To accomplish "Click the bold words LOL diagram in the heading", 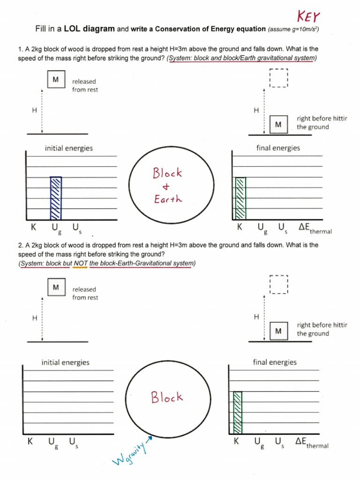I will [x=90, y=29].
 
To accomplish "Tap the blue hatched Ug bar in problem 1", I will [x=56, y=198].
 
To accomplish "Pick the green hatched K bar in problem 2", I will [x=238, y=412].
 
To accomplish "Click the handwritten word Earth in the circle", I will [x=167, y=199].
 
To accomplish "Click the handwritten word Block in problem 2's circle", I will [x=167, y=397].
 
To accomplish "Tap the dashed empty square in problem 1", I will [x=278, y=78].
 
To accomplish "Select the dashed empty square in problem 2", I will [x=278, y=284].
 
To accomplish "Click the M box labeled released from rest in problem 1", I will [x=56, y=80].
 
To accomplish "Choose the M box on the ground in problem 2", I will [x=278, y=331].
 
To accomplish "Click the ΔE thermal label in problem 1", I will [x=314, y=228].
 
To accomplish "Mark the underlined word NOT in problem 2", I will [x=81, y=263].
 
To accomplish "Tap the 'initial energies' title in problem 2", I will [x=66, y=362].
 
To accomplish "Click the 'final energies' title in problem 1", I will [x=278, y=148].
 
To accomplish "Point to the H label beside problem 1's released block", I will [x=34, y=110].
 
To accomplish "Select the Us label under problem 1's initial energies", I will [x=75, y=228].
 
